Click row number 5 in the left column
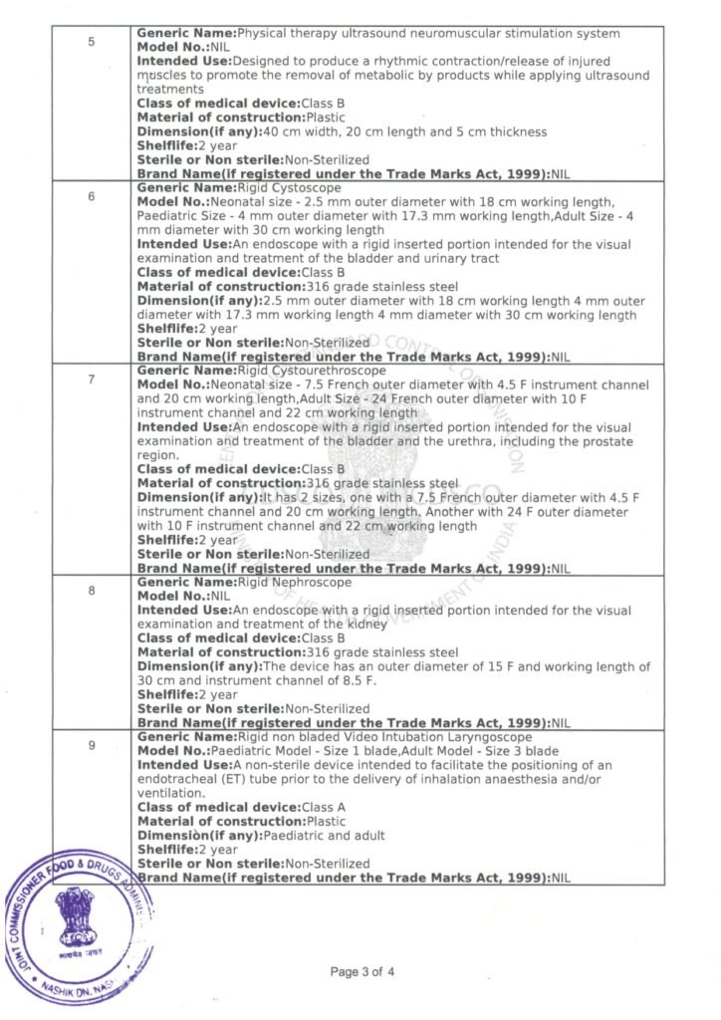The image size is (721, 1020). (91, 43)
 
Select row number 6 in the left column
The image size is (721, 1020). (91, 195)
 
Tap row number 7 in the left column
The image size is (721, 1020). (91, 381)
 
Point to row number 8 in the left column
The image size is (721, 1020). (91, 591)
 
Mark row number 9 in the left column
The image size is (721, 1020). (91, 745)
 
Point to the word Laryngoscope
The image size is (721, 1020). (487, 737)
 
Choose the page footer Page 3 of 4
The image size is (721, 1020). (363, 971)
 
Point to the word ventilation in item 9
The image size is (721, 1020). (168, 793)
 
